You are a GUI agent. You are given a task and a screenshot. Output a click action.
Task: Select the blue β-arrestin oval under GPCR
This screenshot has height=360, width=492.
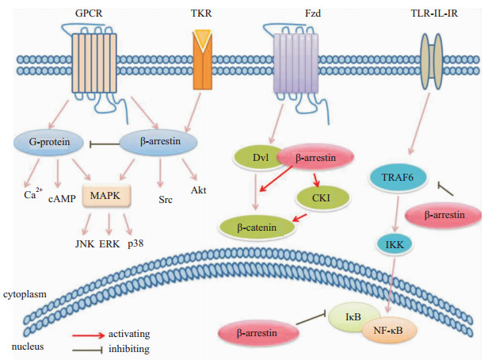(159, 143)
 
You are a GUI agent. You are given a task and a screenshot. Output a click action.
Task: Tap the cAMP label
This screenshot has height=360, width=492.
(59, 197)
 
